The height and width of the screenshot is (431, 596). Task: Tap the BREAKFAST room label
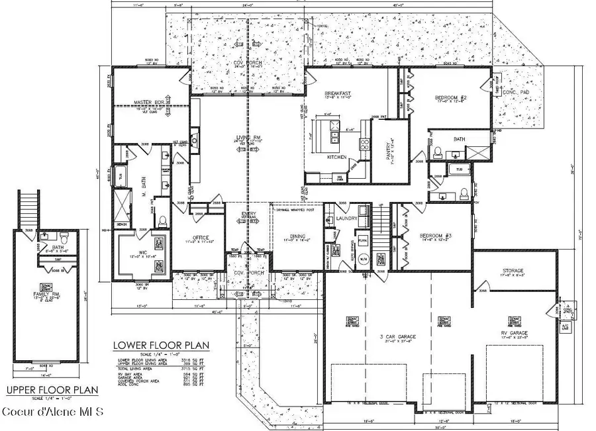pos(337,95)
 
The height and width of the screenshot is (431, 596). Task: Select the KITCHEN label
pos(338,157)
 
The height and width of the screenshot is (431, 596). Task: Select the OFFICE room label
pos(201,238)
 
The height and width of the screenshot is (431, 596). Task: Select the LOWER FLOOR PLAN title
pos(161,345)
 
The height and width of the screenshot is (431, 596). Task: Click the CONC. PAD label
pos(514,92)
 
